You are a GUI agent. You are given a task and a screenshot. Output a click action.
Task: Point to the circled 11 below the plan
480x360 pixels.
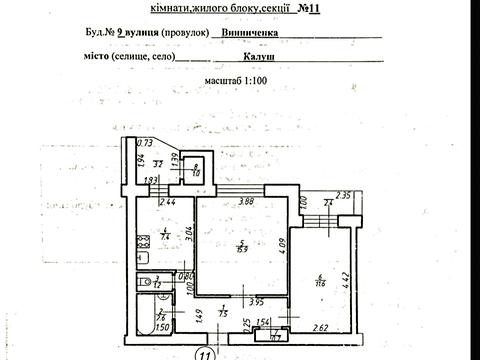(x=203, y=353)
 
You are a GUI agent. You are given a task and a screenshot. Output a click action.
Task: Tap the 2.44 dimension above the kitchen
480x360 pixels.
(x=168, y=203)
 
